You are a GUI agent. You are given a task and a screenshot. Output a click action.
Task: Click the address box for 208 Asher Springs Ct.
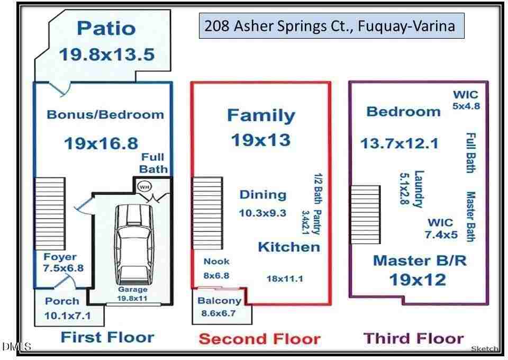332,26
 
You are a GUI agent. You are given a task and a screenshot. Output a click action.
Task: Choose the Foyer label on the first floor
60,257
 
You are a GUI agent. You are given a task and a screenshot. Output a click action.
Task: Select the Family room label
261,115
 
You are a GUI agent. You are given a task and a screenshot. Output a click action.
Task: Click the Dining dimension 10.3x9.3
262,213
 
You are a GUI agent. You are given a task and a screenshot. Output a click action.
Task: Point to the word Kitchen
288,247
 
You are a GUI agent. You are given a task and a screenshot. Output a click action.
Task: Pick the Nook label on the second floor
216,261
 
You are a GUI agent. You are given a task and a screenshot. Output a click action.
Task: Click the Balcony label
220,301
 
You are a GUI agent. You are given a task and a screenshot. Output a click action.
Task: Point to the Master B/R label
416,260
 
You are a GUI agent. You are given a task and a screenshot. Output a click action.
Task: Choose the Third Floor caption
413,338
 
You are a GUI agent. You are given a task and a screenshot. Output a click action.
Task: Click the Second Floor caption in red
259,339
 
